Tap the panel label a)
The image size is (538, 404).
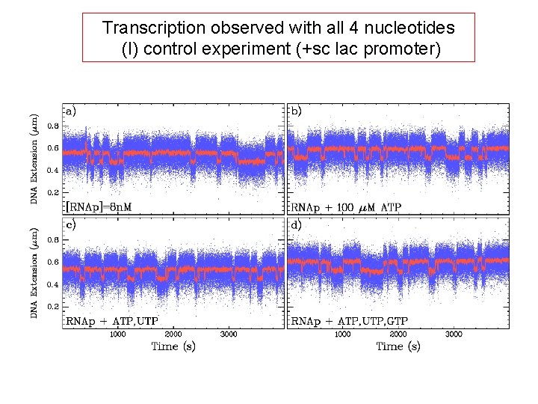tap(71, 111)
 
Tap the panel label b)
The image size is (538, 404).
tap(297, 111)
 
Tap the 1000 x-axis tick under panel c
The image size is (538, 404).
tap(118, 334)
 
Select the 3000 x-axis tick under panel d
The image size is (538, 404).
tap(454, 334)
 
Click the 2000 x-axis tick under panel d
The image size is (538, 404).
tap(398, 334)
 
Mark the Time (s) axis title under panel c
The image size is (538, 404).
tap(173, 346)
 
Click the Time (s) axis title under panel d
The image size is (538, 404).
tap(398, 346)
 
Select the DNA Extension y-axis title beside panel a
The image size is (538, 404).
tap(34, 159)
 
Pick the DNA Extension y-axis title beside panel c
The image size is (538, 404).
tap(34, 273)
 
